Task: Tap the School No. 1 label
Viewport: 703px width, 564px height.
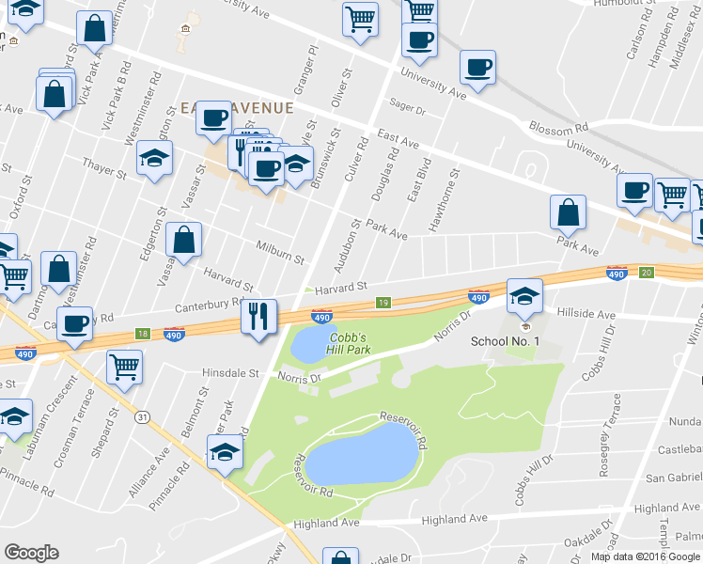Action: tap(504, 341)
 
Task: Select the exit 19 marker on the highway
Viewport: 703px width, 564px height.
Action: tap(383, 302)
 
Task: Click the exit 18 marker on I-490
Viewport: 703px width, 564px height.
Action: tap(142, 333)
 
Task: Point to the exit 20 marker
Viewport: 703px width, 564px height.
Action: tap(646, 273)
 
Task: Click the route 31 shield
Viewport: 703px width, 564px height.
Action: tap(143, 416)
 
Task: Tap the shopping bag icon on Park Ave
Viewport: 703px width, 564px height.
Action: tap(568, 214)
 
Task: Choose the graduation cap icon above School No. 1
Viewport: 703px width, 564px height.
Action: tap(524, 296)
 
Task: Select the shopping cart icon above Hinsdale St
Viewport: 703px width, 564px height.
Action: tap(124, 368)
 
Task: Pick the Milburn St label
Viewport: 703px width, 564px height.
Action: tap(279, 252)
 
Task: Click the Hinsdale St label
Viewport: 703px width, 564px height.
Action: tap(230, 373)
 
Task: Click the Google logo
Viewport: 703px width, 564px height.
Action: tap(31, 552)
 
